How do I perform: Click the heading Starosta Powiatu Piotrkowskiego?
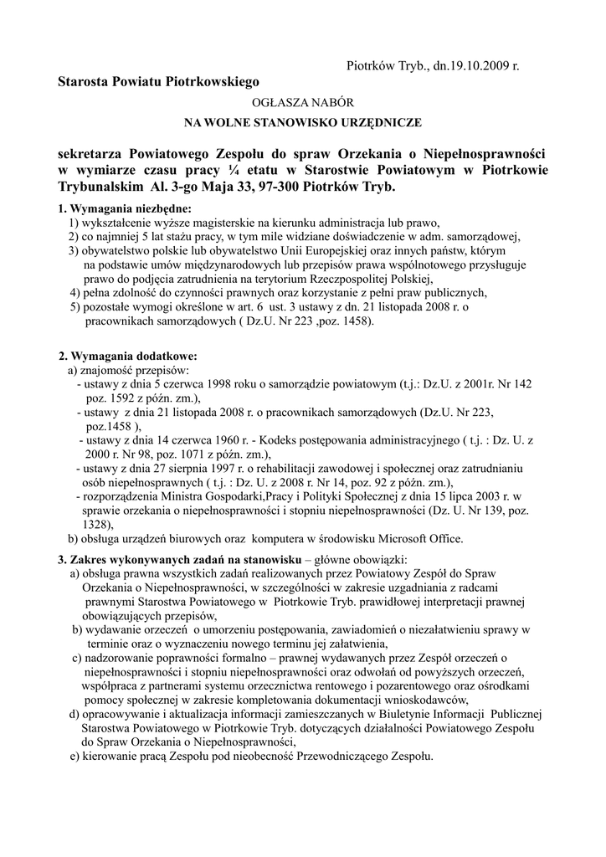[x=159, y=82]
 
